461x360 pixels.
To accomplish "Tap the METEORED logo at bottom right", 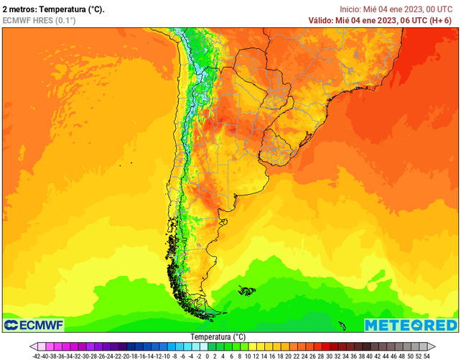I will pyautogui.click(x=410, y=326).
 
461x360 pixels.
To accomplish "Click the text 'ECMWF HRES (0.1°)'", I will pyautogui.click(x=39, y=21).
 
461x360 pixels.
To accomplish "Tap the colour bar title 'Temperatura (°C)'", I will pyautogui.click(x=218, y=336).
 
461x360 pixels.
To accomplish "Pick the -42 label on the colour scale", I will pyautogui.click(x=36, y=355).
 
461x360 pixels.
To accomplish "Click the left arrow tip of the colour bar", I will pyautogui.click(x=32, y=346).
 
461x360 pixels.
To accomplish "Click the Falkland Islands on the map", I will pyautogui.click(x=246, y=291).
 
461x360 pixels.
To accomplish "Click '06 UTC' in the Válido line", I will pyautogui.click(x=412, y=21).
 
